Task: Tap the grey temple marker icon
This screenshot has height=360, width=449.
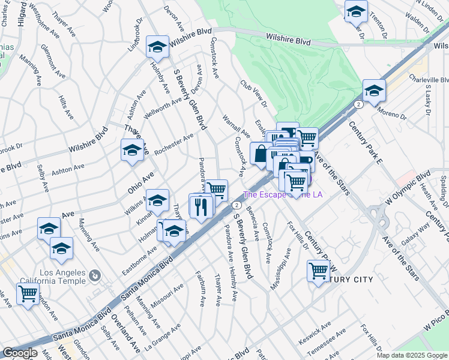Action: [x=94, y=276]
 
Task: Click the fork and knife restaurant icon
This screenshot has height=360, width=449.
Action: [x=200, y=206]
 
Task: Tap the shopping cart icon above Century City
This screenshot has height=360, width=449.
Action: [x=318, y=271]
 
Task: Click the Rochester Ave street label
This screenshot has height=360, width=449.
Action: [x=173, y=145]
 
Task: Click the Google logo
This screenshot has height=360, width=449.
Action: [x=20, y=353]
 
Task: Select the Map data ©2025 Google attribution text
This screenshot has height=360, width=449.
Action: [x=412, y=355]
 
